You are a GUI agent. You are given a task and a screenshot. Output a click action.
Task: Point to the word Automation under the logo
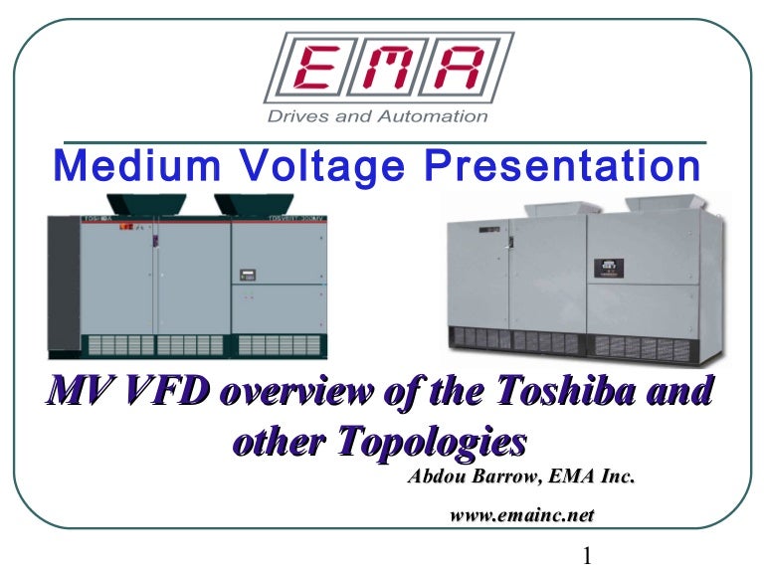coord(433,116)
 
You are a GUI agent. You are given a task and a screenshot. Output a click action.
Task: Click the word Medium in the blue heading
coord(137,166)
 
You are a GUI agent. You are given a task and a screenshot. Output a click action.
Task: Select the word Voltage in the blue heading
coord(323,168)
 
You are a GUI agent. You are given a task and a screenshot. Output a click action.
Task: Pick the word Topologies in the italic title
coord(432,443)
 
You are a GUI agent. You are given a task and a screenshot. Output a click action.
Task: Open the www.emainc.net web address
coord(522,514)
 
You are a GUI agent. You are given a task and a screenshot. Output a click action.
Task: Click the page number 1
coord(587,555)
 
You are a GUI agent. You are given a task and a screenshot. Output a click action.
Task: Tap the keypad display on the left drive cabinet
coord(248,275)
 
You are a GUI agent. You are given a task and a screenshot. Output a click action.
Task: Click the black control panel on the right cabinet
coord(609,269)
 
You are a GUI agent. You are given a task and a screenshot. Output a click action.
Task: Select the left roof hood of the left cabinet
coord(146,205)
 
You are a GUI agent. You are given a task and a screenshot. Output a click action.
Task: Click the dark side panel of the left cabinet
coord(64,284)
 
